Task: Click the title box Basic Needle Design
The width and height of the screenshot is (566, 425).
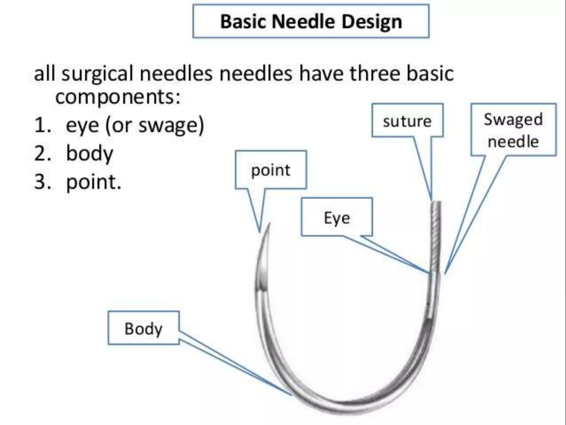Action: pos(311,21)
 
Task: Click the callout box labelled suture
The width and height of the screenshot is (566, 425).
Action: pos(407,121)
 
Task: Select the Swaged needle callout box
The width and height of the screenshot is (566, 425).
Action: pos(513,130)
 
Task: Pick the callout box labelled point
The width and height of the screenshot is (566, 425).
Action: pos(271,170)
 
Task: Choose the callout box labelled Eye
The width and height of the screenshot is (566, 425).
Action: pos(337,217)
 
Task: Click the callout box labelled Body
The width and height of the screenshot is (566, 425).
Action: pos(143,328)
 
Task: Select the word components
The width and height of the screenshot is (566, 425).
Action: pos(117,97)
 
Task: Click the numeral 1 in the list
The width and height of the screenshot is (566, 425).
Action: pos(41,125)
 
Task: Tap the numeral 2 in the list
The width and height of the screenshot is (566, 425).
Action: pos(42,154)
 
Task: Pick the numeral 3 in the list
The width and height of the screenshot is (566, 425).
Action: pos(42,182)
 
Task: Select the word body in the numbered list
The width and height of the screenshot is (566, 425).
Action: pos(90,154)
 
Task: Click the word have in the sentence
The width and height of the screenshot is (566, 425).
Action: pos(321,73)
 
